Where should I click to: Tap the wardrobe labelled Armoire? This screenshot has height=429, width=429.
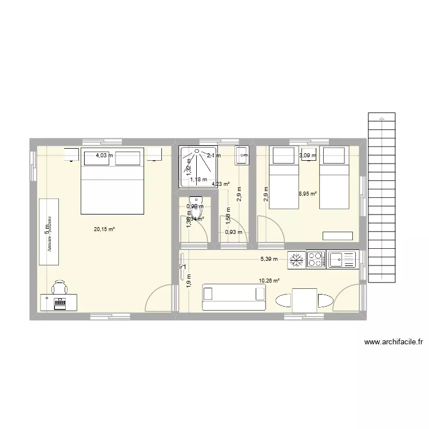49,232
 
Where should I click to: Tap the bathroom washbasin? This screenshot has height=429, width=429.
241,154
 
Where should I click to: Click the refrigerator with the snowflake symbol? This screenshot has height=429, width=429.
296,259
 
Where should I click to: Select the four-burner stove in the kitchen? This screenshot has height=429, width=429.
316,259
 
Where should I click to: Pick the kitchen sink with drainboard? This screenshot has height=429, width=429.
340,259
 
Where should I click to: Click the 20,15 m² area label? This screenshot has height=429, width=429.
105,229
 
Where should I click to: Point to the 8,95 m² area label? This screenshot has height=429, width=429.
307,194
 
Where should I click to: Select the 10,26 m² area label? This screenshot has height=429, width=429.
269,281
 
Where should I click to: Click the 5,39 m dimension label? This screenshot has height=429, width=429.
269,259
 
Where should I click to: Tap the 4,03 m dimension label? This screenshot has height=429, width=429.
104,155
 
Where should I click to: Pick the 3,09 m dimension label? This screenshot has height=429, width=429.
308,155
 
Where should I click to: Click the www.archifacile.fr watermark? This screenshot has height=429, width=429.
393,343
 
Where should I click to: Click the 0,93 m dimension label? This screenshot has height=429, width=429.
233,232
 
